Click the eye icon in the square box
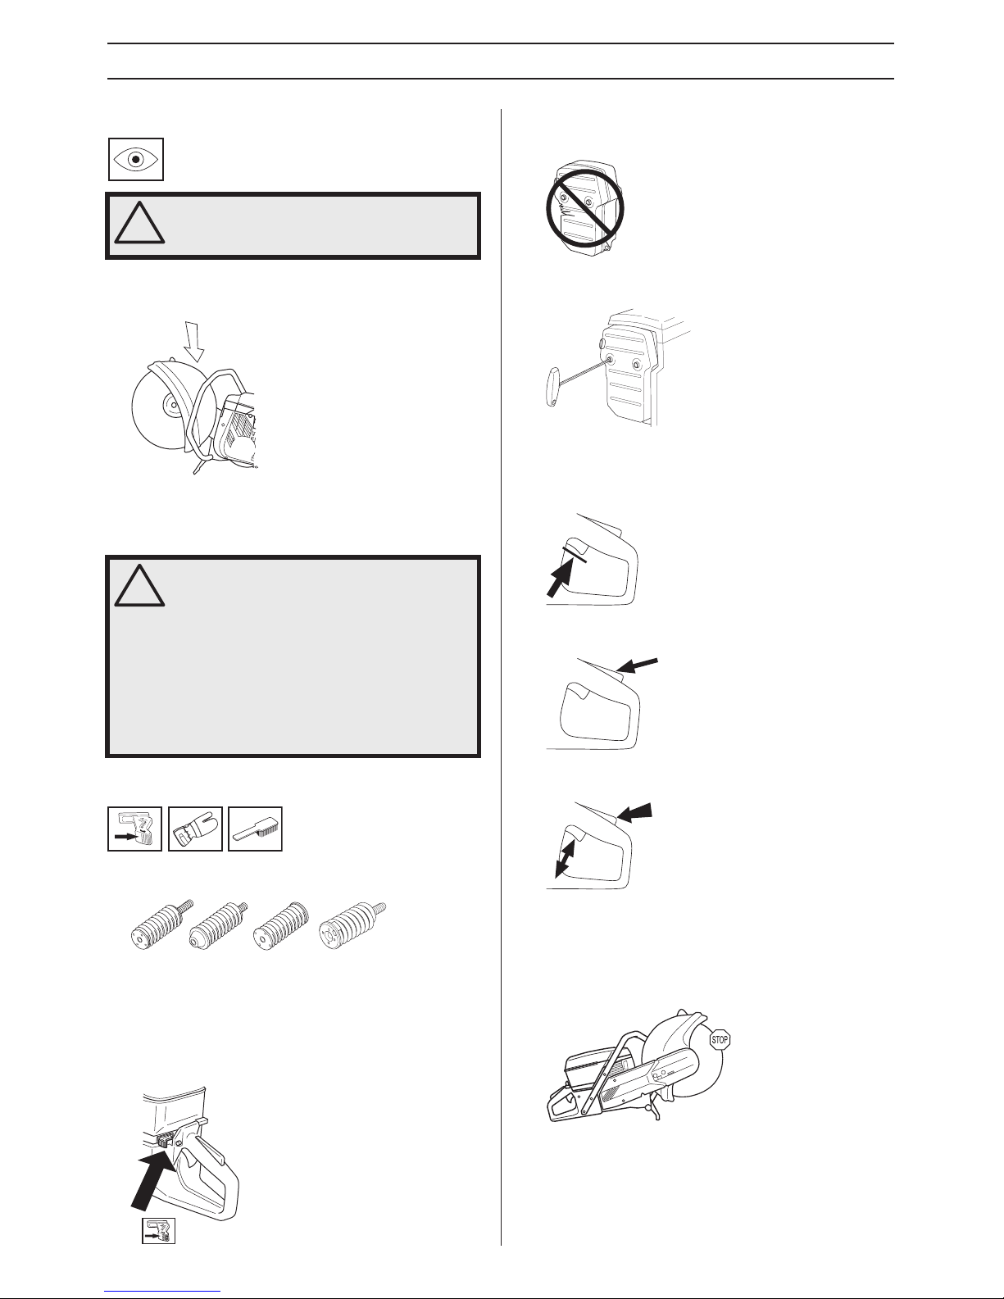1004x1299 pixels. coord(136,160)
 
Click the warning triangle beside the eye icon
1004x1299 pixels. coord(139,223)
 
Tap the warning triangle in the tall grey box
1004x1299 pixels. coord(139,586)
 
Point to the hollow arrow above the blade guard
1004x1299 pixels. coord(193,342)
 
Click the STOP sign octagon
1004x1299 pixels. coord(720,1039)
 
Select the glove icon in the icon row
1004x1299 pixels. coord(195,829)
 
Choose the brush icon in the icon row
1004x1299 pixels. coord(255,829)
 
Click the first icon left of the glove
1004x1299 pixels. coord(135,829)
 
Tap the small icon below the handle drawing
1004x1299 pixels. coord(158,1231)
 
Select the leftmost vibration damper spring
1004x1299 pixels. coord(161,924)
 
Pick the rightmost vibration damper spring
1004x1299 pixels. coord(352,925)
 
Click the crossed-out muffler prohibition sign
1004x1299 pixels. coord(585,209)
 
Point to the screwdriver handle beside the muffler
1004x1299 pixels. coord(552,387)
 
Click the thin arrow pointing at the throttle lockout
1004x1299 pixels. coord(638,665)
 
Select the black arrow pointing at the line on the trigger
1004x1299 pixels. coord(560,579)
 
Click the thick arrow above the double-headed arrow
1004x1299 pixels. coord(634,812)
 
